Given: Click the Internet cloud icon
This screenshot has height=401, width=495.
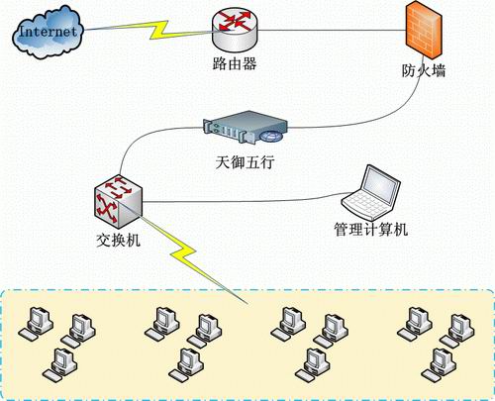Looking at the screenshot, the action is point(49,33).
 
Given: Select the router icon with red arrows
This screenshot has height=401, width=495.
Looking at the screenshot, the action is point(235,30).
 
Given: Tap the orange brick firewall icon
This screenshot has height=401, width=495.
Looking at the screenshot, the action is point(424,31).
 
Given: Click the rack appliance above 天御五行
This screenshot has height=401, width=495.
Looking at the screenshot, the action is point(246,127).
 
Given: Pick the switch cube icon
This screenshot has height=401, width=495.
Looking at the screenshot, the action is point(118,201).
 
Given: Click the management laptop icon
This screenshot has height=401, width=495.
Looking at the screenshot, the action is point(371,193).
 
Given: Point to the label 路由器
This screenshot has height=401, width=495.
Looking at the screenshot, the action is point(235,63).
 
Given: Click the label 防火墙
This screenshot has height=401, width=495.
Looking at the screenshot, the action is point(424,70).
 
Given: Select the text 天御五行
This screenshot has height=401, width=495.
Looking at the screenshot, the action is point(245,162).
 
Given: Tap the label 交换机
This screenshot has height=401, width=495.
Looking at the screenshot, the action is point(118,241).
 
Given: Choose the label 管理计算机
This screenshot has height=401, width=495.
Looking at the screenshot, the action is point(371,230).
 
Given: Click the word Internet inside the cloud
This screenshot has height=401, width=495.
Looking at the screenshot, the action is point(49,32).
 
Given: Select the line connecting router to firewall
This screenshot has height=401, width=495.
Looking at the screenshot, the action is point(332,31).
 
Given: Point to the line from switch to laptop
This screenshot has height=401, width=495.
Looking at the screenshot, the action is point(245,201).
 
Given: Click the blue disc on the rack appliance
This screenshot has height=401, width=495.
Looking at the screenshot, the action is point(271,136).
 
